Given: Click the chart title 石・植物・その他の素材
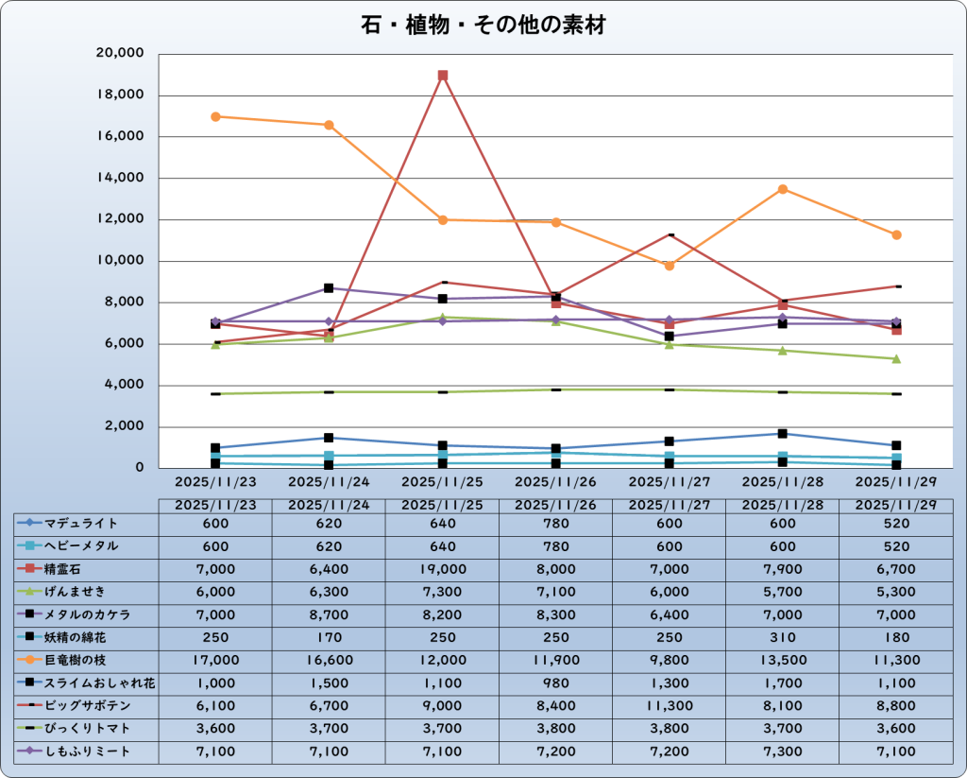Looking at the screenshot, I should tap(483, 26).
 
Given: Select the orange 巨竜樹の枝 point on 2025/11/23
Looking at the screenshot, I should tap(215, 116).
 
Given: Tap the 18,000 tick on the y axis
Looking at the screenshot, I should tap(120, 95).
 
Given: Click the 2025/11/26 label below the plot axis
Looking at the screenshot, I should tap(555, 482).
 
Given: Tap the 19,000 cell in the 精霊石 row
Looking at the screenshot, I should tap(442, 569).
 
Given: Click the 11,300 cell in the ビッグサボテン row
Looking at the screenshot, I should tap(669, 706).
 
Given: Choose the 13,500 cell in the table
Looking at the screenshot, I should tap(782, 661).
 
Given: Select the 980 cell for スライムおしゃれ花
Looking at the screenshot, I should tap(555, 683).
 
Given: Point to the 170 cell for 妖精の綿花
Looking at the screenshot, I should tap(329, 637).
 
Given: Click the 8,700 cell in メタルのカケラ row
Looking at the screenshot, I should tap(329, 614).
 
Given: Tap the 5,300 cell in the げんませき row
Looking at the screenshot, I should tap(895, 592).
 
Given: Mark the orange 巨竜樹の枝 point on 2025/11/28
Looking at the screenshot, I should tap(782, 189).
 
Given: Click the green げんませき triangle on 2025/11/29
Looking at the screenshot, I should tap(895, 358).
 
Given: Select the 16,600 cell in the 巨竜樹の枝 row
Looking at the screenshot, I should tap(329, 661).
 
